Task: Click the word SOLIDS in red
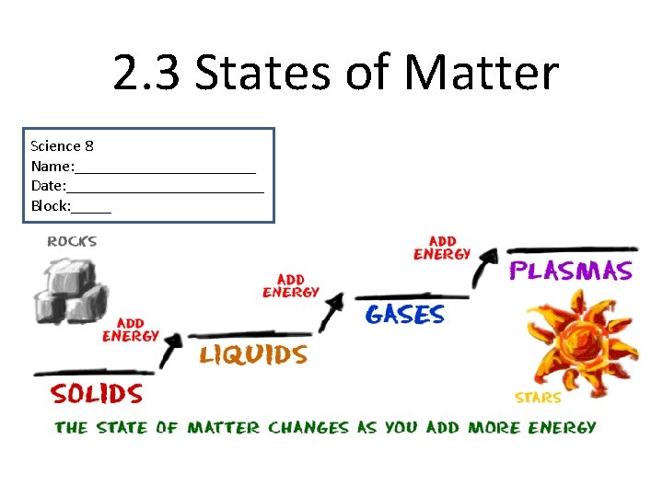97,395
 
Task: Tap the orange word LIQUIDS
253,354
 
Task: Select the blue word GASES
404,315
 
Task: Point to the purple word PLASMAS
571,271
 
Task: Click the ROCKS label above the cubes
72,242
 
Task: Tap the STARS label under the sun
539,398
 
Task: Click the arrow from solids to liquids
170,351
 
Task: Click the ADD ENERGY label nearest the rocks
131,330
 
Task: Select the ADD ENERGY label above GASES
291,285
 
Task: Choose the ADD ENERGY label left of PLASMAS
442,248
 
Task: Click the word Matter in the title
482,74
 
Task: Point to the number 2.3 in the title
147,74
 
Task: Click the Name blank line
165,170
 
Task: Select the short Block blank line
91,211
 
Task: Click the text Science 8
62,145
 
